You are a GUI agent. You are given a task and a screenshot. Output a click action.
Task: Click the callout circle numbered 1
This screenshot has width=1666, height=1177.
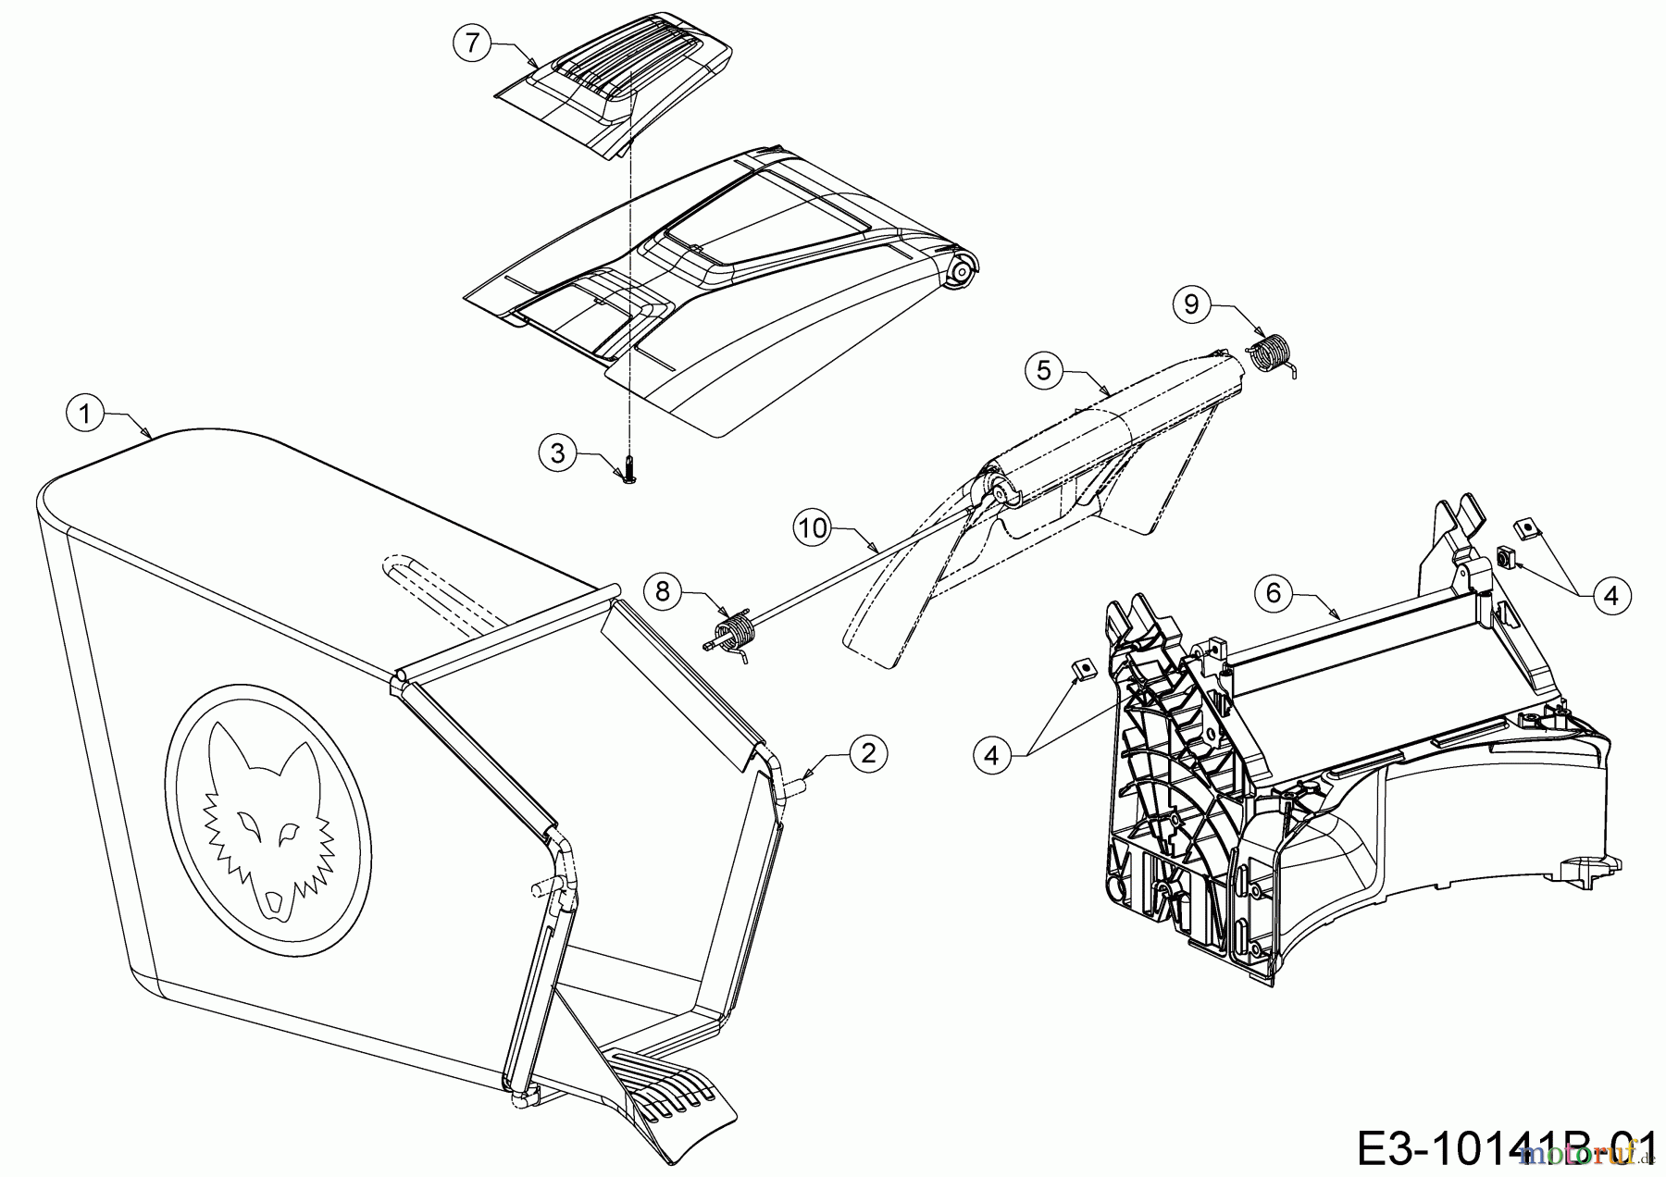[x=86, y=414]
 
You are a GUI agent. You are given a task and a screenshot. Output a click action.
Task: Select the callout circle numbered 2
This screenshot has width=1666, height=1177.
[x=868, y=753]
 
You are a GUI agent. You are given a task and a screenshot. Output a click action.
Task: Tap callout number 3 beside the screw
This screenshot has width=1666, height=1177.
[x=558, y=453]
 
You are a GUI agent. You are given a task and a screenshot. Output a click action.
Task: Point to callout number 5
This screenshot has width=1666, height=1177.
[x=1044, y=370]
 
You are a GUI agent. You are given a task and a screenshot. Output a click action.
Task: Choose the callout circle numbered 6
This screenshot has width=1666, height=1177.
[x=1274, y=592]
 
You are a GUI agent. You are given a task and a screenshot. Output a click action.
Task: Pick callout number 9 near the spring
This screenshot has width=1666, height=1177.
[x=1192, y=304]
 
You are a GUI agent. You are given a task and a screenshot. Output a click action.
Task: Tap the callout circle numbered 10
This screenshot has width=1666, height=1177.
[x=813, y=528]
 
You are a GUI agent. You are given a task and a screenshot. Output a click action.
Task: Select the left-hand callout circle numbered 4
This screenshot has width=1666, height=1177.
[x=992, y=756]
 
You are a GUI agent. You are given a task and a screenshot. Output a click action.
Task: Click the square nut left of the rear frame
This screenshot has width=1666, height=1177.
[x=1081, y=667]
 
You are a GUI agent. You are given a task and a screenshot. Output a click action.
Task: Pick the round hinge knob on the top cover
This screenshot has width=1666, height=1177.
[x=963, y=271]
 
